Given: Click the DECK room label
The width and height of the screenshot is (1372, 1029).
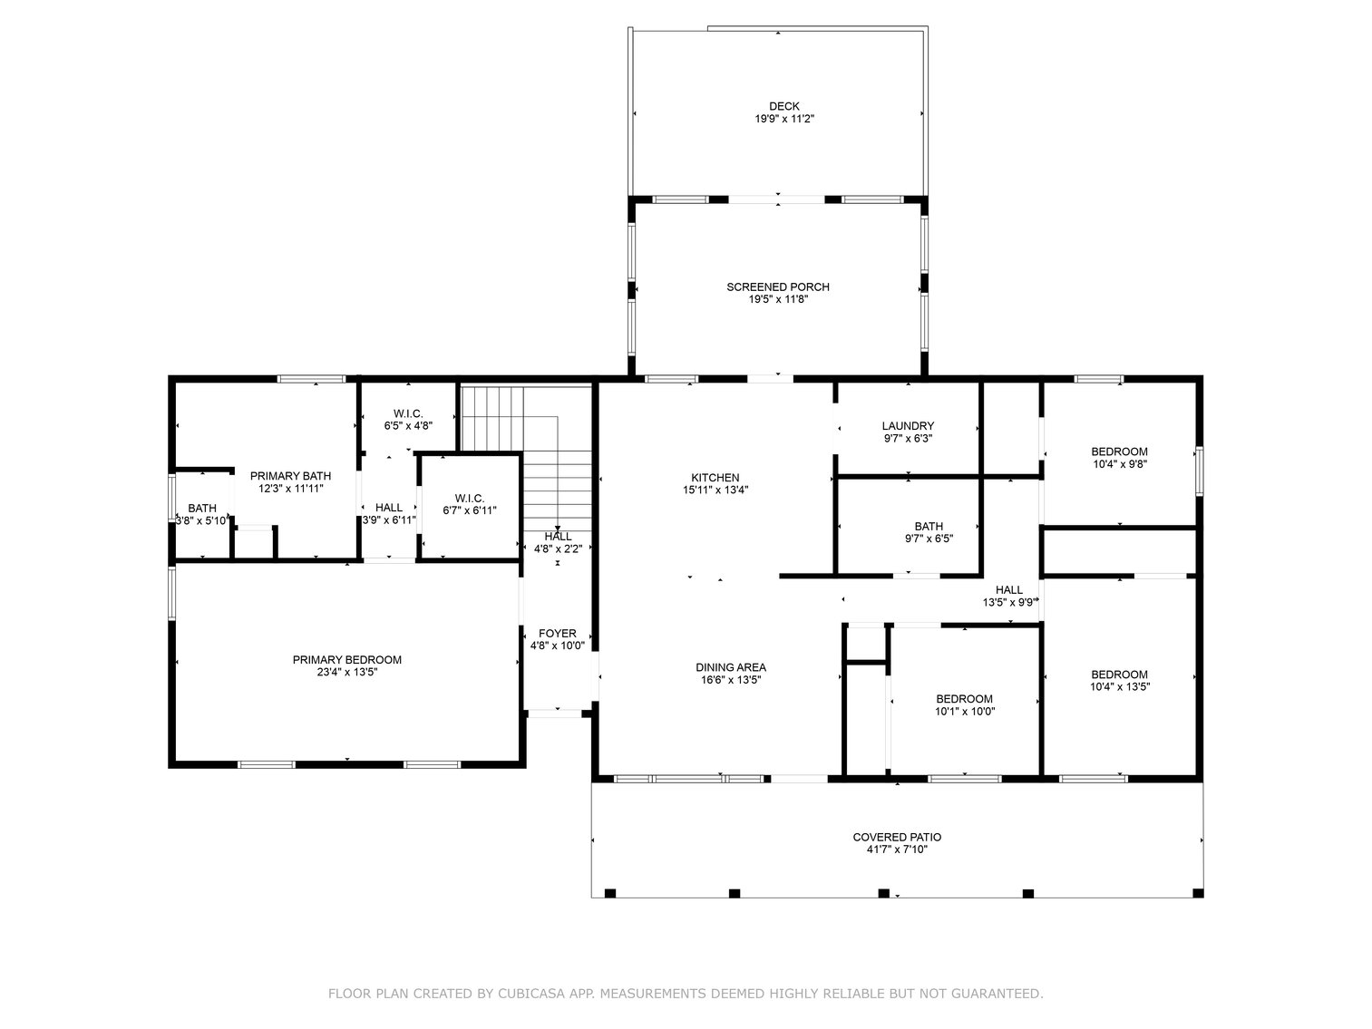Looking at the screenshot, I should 778,106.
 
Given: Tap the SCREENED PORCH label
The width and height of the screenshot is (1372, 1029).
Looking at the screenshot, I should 778,286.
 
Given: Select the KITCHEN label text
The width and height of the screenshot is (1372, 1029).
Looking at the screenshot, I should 715,477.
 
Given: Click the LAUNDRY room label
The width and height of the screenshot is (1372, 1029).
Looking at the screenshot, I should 908,425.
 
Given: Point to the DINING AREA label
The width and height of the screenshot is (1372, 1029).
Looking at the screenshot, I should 731,667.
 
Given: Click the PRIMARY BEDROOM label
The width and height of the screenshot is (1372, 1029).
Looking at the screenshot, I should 346,659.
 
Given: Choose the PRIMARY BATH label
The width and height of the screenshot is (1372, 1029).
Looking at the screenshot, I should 290,475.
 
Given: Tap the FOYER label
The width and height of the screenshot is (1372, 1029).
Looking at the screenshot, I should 557,633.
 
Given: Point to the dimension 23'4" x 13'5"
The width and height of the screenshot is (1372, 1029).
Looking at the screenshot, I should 346,672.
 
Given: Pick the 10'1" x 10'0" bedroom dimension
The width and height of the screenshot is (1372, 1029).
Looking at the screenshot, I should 964,711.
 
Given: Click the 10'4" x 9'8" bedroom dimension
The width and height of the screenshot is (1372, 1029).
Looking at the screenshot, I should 1119,463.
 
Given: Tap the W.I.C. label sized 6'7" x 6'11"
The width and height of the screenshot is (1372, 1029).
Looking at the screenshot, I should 469,498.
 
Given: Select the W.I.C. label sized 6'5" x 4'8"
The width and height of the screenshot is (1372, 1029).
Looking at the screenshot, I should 408,413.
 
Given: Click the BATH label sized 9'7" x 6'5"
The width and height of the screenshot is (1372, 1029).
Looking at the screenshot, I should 929,526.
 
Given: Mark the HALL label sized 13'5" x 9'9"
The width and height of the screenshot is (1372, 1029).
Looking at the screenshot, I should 1008,589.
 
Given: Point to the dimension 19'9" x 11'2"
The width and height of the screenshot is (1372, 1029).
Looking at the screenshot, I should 778,119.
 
